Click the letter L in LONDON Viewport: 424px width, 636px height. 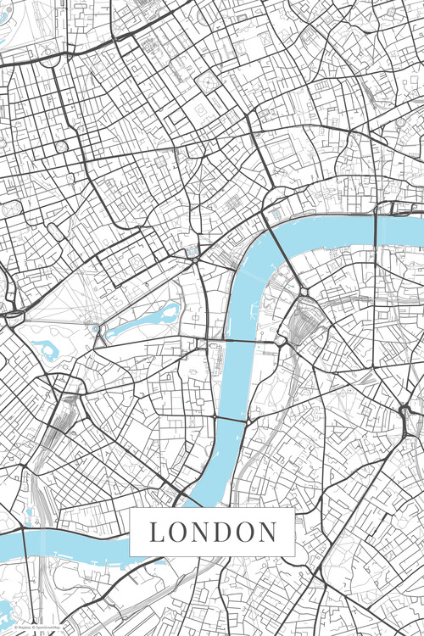pyautogui.click(x=156, y=533)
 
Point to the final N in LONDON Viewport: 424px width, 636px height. pyautogui.click(x=269, y=533)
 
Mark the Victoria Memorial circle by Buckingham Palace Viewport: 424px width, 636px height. pyautogui.click(x=96, y=328)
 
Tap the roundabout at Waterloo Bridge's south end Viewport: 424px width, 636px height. pyautogui.click(x=303, y=293)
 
